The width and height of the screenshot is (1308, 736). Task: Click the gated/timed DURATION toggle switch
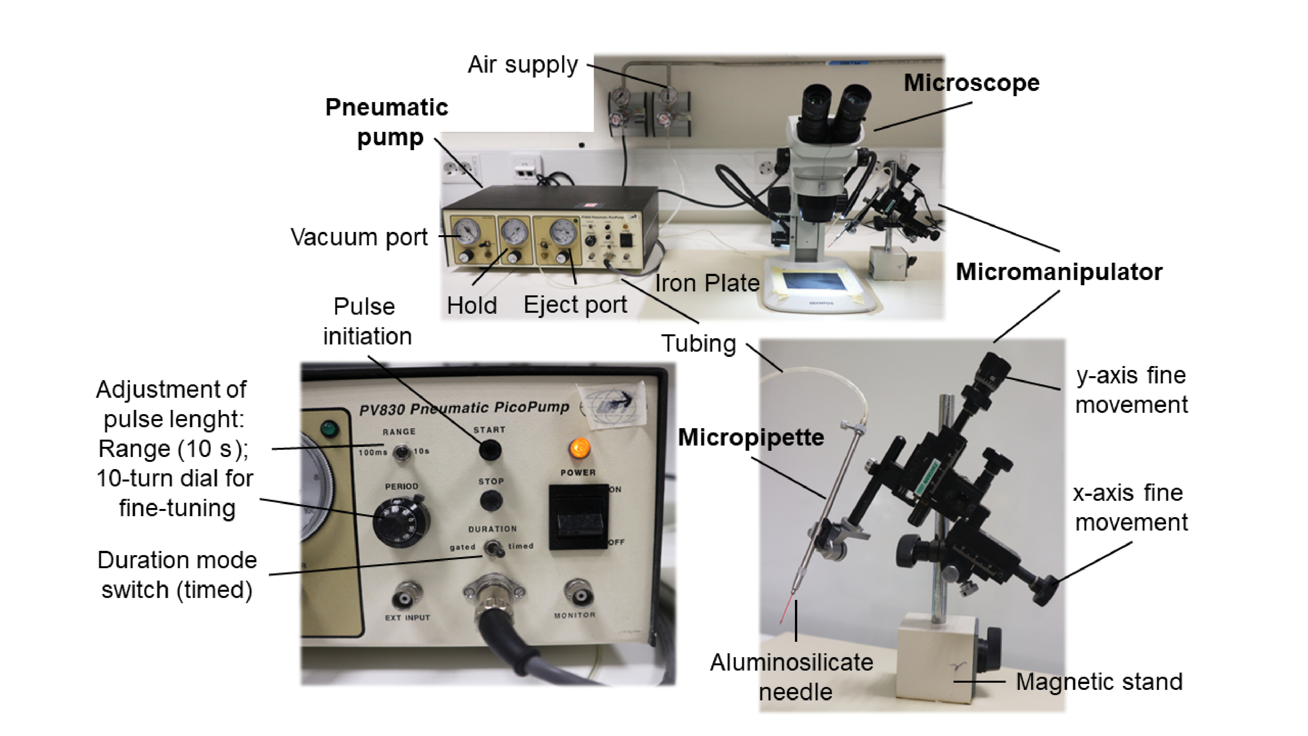coord(491,548)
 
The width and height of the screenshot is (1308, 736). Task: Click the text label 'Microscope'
coord(971,83)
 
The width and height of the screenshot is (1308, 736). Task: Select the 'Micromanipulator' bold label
coord(1059,272)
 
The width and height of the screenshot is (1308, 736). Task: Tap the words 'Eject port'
coord(575,305)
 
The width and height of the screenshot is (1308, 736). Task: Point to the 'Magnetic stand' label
coord(1099,682)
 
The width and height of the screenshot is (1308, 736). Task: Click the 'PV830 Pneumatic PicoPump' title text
coord(464,408)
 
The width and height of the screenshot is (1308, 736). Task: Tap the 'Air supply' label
coord(523,65)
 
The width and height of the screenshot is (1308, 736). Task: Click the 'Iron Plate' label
coord(707,283)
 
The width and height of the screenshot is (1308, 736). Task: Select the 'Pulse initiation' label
coord(367,321)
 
